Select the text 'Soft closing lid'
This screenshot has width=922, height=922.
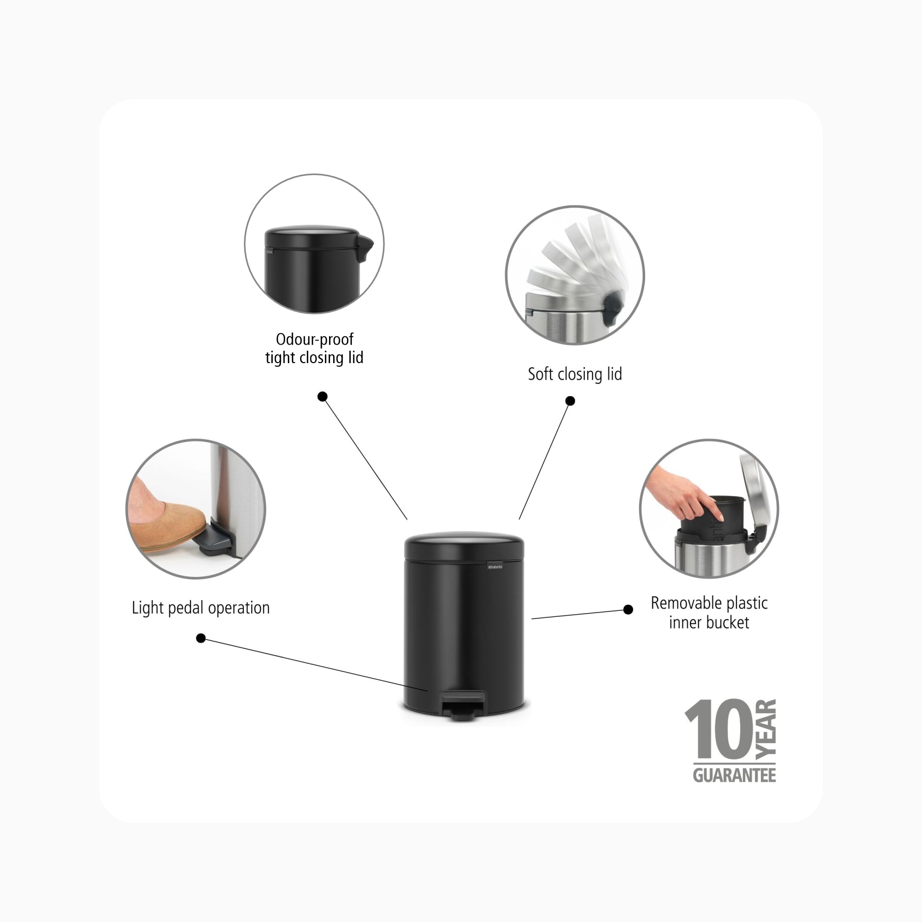pos(575,374)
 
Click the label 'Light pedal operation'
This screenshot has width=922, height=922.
pos(201,608)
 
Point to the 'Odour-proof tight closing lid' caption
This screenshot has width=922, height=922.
pos(315,348)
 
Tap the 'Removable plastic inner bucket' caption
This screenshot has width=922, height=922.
pos(709,613)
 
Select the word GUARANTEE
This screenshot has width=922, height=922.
pos(735,775)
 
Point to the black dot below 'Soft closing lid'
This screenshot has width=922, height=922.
pos(570,401)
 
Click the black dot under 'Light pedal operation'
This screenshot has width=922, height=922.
pos(201,638)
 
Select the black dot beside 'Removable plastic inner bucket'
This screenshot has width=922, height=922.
pos(628,610)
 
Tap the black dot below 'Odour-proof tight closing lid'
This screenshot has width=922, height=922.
pos(322,397)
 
